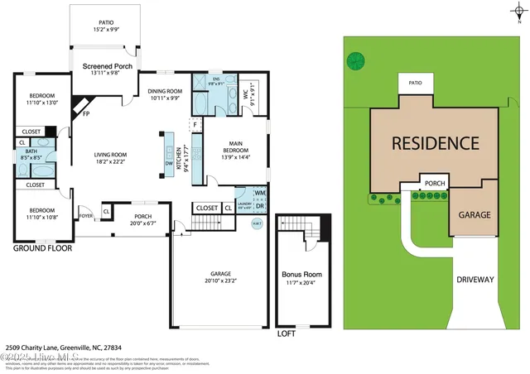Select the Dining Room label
click(164, 91)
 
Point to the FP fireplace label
click(85, 114)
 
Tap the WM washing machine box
click(260, 193)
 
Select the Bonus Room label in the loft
click(301, 274)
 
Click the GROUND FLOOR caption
click(42, 247)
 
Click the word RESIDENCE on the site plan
click(435, 142)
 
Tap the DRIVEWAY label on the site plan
click(475, 280)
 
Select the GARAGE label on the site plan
click(475, 214)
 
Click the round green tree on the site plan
click(355, 60)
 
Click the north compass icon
click(518, 9)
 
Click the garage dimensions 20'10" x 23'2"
click(219, 280)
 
